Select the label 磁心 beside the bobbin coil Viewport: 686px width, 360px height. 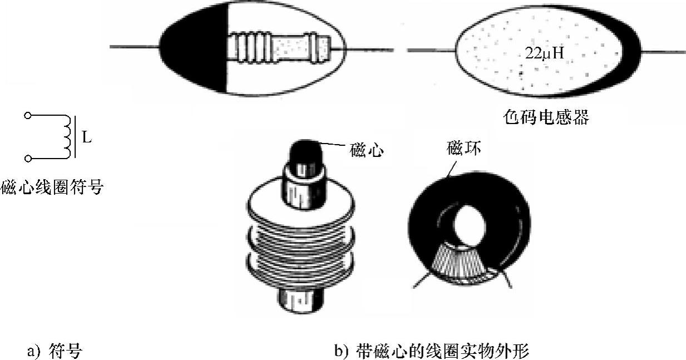point(367,150)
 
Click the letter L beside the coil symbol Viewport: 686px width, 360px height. point(86,137)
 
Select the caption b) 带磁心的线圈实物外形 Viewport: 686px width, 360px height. point(431,352)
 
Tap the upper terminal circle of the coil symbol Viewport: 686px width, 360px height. point(27,116)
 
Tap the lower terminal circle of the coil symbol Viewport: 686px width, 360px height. point(27,159)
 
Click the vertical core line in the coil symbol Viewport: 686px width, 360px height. point(76,137)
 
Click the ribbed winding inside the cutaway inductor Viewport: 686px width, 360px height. point(250,47)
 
